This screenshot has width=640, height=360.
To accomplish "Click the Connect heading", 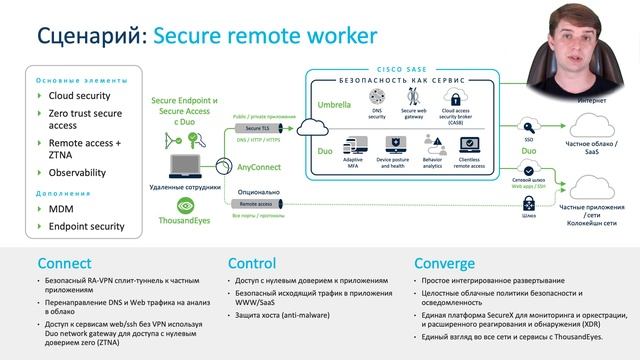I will coord(65,264).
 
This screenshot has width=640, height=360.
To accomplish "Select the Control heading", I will coord(259,264).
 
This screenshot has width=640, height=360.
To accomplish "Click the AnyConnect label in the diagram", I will coord(265,167).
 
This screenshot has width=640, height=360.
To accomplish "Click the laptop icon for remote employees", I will coord(186,164).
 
